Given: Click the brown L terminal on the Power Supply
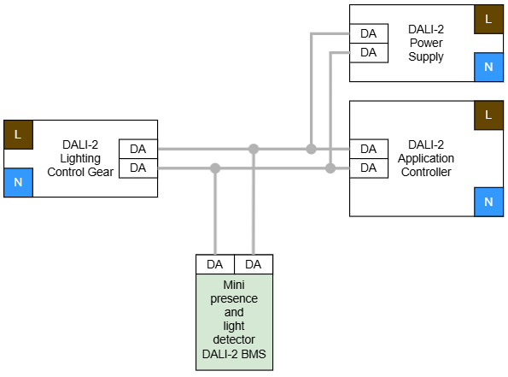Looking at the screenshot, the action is click(x=488, y=19).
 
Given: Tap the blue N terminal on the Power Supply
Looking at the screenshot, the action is click(x=488, y=68).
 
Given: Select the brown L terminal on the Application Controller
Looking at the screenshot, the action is click(x=488, y=115).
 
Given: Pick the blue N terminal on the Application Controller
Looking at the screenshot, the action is click(x=488, y=202).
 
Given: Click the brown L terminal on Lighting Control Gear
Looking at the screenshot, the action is click(x=18, y=135).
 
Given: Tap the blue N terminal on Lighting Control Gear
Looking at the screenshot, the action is click(x=18, y=182).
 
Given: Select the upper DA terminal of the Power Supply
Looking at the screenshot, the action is click(x=369, y=33).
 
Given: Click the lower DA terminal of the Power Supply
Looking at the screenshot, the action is click(x=369, y=52).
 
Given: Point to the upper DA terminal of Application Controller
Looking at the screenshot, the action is click(x=369, y=149).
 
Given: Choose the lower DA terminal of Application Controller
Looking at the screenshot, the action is click(x=369, y=168).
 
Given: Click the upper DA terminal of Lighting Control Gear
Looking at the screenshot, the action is click(x=138, y=149).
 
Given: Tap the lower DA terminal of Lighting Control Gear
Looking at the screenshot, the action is click(x=138, y=168).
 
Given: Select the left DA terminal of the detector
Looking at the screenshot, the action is click(x=215, y=264).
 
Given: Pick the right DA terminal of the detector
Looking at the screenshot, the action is click(x=254, y=264).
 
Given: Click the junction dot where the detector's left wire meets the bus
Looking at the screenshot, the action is click(x=215, y=168).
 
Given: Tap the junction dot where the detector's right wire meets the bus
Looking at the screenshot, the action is click(x=254, y=149).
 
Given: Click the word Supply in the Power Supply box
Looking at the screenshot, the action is click(x=426, y=57).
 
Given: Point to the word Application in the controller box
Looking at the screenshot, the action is click(x=426, y=159).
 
